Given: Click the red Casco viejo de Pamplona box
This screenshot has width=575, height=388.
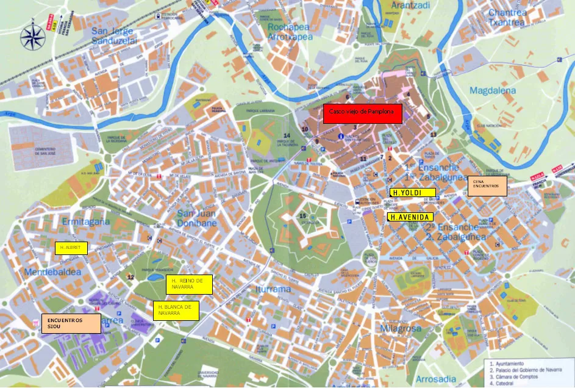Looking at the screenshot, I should point(362,113).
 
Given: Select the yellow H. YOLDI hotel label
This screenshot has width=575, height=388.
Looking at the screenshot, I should point(413,192).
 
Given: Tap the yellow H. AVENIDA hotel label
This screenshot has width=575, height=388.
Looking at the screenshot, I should point(410,217).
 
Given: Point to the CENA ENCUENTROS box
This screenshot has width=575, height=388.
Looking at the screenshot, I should point(487,186).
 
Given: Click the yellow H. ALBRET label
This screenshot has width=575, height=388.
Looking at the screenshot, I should point(71,248).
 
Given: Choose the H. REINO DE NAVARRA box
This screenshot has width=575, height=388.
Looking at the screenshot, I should point(188,284).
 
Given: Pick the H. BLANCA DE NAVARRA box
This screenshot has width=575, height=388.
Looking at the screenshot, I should point(176,310).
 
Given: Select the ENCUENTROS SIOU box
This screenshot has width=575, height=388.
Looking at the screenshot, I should point(70,323).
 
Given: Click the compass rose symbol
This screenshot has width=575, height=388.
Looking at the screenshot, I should point(33,37).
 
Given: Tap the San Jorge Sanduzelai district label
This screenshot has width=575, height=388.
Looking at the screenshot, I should point(116,36).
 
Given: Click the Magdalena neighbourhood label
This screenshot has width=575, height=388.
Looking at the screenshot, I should point(493,91).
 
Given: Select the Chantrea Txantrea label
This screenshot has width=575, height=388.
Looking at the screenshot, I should point(507,17).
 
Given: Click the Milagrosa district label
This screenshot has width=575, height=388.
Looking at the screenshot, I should point(401,328).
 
